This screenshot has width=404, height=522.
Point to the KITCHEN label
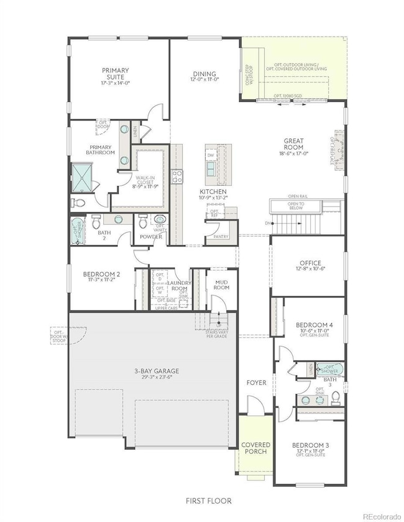212,192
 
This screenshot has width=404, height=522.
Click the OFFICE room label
308,264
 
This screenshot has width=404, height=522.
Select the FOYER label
256,383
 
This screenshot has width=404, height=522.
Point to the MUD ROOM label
222,284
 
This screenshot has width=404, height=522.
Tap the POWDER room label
151,236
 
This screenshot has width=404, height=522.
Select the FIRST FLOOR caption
209,500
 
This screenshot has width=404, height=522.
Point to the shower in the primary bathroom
81,178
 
